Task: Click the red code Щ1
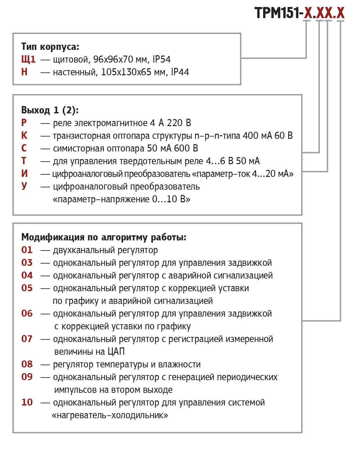[28, 59]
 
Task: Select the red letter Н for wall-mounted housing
[24, 72]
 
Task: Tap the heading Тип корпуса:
[50, 47]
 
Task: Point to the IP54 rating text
[161, 59]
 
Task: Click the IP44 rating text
[180, 72]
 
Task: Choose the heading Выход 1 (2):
[50, 110]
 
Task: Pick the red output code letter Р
[24, 123]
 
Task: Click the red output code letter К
[24, 136]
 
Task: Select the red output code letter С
[24, 148]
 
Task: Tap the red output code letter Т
[24, 161]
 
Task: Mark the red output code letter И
[24, 174]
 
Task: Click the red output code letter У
[24, 186]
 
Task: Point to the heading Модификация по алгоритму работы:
[104, 237]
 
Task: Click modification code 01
[27, 250]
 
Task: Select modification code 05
[27, 288]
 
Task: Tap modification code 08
[27, 364]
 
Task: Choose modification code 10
[27, 402]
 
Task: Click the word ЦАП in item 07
[116, 352]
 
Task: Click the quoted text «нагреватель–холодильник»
[110, 415]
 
